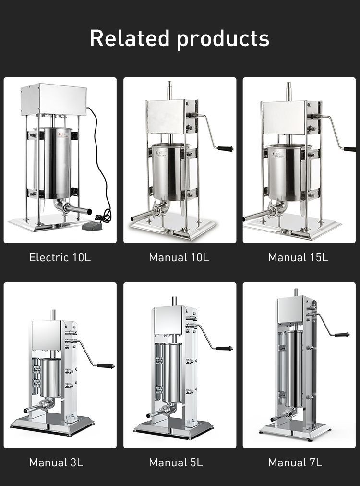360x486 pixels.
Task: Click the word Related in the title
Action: tap(130, 38)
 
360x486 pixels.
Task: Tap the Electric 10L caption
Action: tap(60, 257)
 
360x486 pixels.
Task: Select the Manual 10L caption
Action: tap(179, 257)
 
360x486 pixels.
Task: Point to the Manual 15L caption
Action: tap(298, 257)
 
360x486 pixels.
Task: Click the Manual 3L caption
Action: tap(56, 462)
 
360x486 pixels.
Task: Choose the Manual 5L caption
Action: tap(176, 462)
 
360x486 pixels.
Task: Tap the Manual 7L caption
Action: tap(295, 462)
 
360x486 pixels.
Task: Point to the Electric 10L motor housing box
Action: tap(54, 99)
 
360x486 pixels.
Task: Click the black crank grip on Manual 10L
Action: tap(226, 149)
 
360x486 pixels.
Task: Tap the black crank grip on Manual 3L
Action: tap(106, 366)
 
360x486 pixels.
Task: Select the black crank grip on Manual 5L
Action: tap(224, 348)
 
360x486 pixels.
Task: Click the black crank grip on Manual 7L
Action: tap(342, 334)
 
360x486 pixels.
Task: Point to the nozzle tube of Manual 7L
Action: tap(278, 418)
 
